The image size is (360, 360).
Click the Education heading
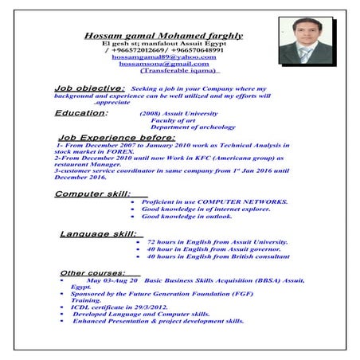[81, 113]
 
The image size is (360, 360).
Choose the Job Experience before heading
[117, 137]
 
